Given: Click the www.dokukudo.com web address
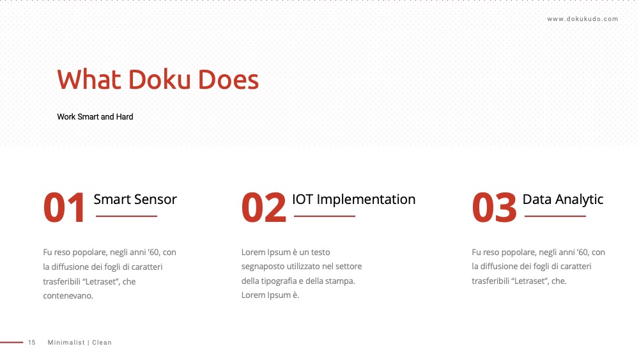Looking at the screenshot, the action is tap(582, 19).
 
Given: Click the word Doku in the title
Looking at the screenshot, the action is tap(159, 79).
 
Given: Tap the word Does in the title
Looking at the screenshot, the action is tap(228, 79).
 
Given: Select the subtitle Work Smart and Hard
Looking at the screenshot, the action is tap(95, 116).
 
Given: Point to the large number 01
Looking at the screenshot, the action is tap(65, 208).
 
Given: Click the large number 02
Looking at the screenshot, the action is tap(264, 208).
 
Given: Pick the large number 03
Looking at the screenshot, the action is tap(495, 208).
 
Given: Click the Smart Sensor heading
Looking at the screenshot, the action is tap(135, 200).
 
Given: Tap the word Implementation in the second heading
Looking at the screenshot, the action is tap(366, 200).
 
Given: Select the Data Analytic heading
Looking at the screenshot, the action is tap(563, 200).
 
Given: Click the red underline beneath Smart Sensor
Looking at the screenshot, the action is tap(127, 216).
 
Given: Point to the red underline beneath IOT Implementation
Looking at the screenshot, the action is tap(325, 216).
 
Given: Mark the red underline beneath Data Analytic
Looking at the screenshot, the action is tap(555, 216).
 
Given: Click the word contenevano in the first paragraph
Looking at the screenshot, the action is tap(68, 296).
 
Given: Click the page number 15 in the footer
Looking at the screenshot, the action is tap(32, 343).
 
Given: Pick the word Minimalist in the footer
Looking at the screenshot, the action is tap(66, 343).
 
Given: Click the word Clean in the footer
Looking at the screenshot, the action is tap(102, 343).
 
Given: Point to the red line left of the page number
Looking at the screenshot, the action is tap(12, 343).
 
